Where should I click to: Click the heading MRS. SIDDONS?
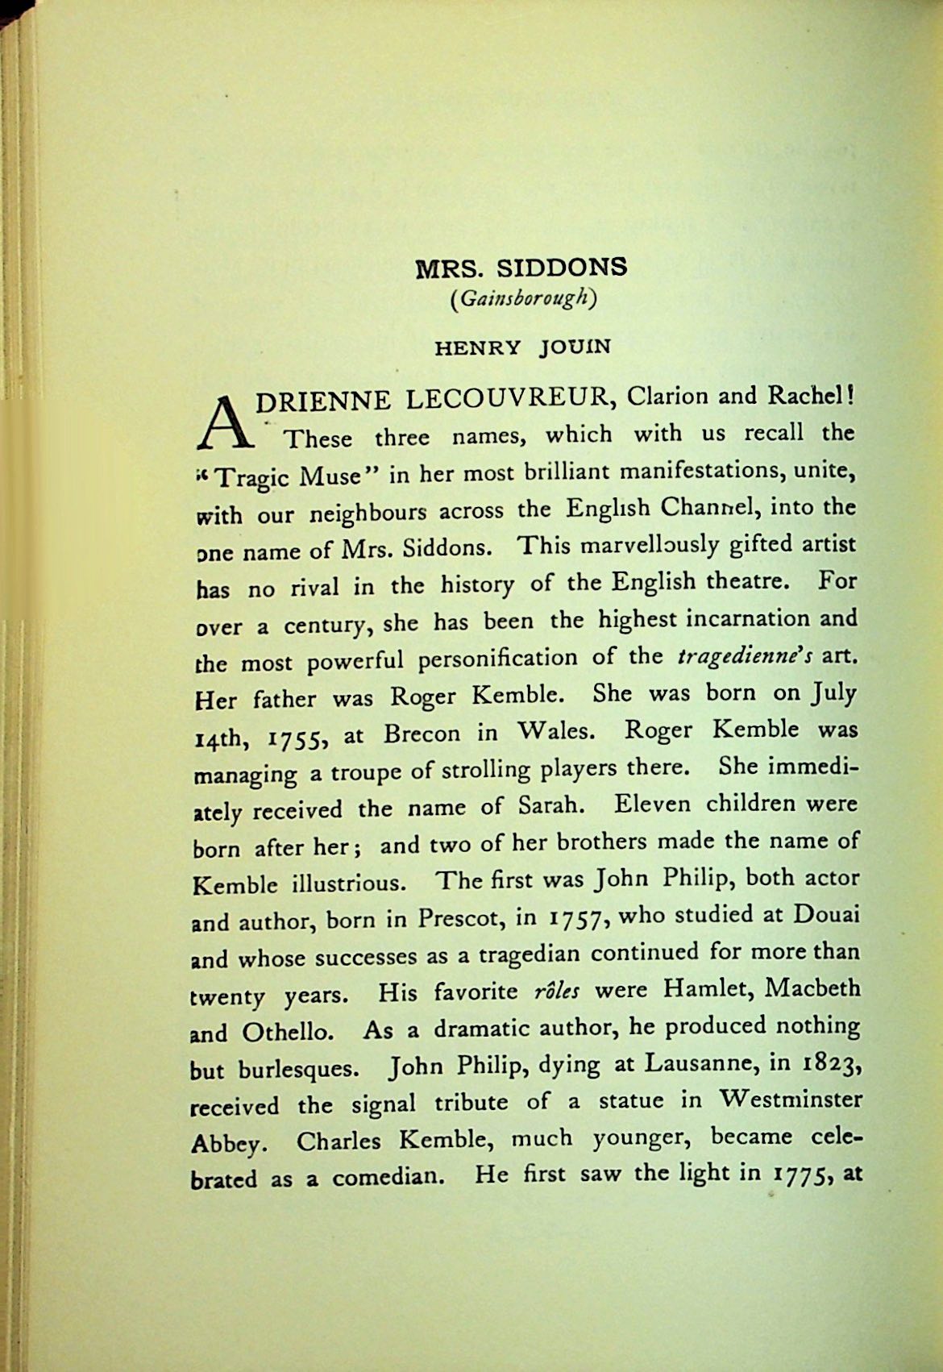coord(521,268)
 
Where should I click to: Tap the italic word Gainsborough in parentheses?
coord(523,300)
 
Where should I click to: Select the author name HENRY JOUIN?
coord(523,347)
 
